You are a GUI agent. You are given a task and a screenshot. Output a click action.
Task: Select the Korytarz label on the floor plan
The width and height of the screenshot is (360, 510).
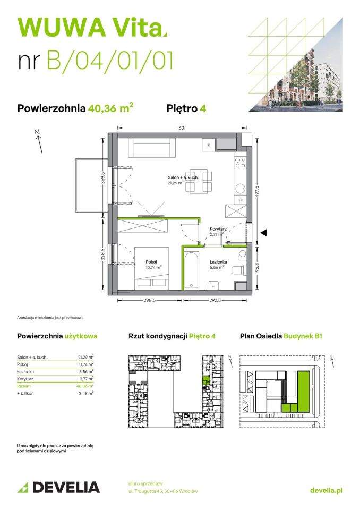(218, 229)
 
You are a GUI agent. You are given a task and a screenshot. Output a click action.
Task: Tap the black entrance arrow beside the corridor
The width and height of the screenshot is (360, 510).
(263, 232)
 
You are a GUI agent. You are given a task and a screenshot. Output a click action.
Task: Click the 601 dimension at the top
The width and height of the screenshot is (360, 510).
(182, 127)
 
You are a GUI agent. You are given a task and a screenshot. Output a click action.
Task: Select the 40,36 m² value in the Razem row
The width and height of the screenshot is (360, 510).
(85, 386)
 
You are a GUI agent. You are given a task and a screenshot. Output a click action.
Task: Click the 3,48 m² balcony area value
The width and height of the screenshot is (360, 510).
(86, 393)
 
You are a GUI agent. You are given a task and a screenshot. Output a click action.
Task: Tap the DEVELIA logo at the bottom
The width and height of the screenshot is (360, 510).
(58, 487)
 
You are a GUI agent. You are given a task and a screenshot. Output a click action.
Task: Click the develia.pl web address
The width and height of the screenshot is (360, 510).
(325, 490)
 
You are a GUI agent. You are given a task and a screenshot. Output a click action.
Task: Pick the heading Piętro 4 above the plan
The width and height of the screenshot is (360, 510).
(186, 108)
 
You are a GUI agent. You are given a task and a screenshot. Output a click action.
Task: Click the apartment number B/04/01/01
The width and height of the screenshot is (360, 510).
(109, 61)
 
